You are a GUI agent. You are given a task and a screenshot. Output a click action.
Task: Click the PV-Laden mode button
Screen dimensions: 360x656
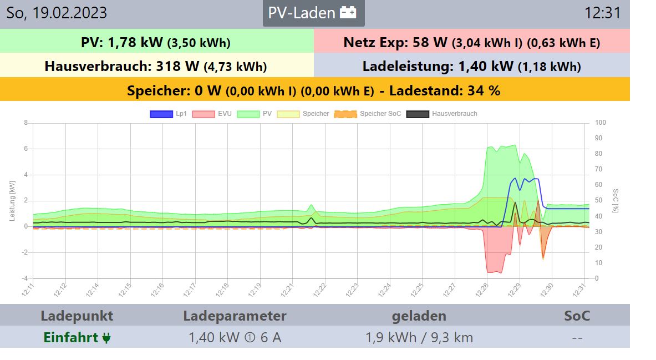pyautogui.click(x=313, y=13)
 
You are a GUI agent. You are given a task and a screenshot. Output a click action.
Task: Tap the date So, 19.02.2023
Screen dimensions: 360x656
pyautogui.click(x=57, y=13)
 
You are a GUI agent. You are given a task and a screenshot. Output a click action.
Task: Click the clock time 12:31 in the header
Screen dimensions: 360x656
pyautogui.click(x=602, y=13)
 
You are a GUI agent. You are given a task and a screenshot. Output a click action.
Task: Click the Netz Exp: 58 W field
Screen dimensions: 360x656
pyautogui.click(x=471, y=42)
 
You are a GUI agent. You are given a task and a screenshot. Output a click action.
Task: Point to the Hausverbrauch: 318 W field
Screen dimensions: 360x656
pyautogui.click(x=156, y=67)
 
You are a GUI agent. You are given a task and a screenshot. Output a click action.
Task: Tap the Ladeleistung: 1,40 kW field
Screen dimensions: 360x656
pyautogui.click(x=471, y=67)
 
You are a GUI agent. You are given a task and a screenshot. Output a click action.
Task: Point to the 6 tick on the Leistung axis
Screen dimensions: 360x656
pyautogui.click(x=26, y=149)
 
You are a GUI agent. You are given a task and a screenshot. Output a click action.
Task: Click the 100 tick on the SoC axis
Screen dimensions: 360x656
pyautogui.click(x=601, y=123)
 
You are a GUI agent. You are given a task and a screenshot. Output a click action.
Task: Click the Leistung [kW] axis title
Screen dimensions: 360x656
pyautogui.click(x=13, y=200)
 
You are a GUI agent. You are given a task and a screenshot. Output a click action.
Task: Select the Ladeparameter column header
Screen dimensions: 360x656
pyautogui.click(x=235, y=316)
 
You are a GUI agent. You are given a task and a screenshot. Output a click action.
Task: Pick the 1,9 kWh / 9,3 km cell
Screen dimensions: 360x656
pyautogui.click(x=419, y=337)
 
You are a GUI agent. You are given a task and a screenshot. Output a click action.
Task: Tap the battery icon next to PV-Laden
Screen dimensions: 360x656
pyautogui.click(x=348, y=13)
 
